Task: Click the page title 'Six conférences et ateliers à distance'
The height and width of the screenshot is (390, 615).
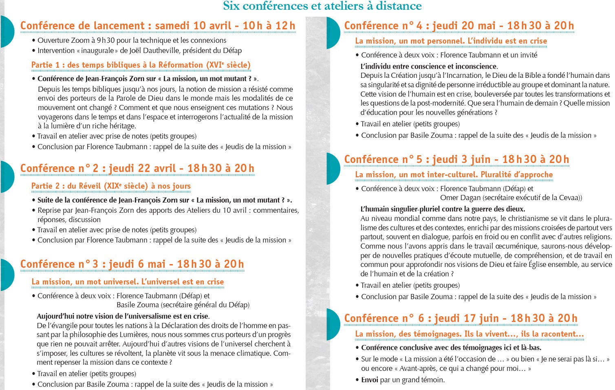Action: (x=322, y=6)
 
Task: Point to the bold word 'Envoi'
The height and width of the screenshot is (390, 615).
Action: (x=370, y=380)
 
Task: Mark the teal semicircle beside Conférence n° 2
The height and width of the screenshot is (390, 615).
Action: (x=7, y=176)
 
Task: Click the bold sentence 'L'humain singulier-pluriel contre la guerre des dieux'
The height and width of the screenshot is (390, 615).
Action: (x=443, y=209)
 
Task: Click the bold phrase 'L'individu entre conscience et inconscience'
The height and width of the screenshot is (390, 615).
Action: (x=429, y=66)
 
